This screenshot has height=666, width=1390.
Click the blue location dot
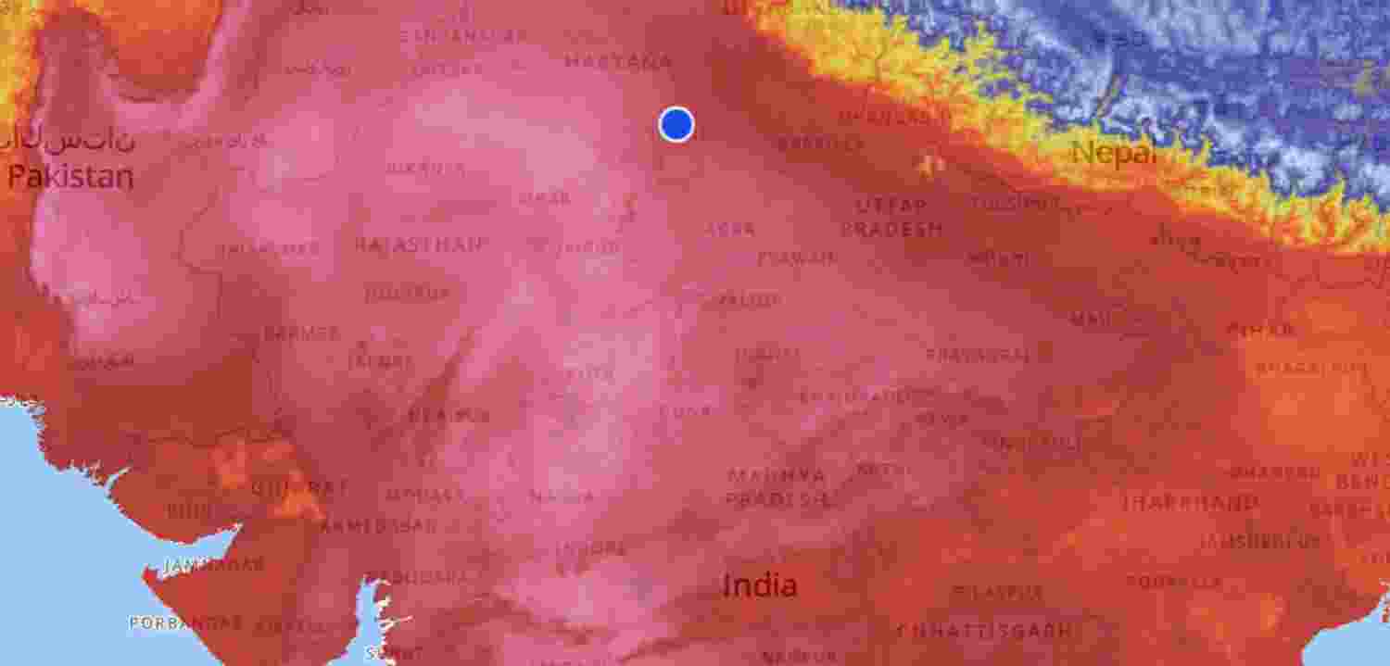tap(676, 124)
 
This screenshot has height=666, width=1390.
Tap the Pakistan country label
tap(70, 177)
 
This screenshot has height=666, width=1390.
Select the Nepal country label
tap(1114, 152)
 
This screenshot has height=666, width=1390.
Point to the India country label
tap(759, 585)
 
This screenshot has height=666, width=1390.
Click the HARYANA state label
tap(619, 63)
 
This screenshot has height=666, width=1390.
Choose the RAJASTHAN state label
tap(421, 245)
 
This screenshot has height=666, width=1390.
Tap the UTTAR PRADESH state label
tap(891, 217)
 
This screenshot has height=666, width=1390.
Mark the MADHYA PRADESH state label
tap(777, 487)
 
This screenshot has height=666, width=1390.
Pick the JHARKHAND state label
tap(1190, 503)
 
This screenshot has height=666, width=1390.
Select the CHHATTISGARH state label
tap(984, 631)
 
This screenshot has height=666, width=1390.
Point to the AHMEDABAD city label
tap(377, 526)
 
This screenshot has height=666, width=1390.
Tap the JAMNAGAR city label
tap(213, 564)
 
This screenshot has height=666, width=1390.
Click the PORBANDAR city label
tap(186, 623)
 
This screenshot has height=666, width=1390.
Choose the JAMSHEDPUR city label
tap(1259, 541)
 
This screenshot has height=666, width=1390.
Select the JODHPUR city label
tap(407, 294)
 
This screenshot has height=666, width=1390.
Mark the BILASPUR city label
tap(998, 591)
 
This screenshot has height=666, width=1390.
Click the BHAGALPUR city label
tap(1310, 368)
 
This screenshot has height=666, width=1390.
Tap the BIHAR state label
tap(1260, 329)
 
